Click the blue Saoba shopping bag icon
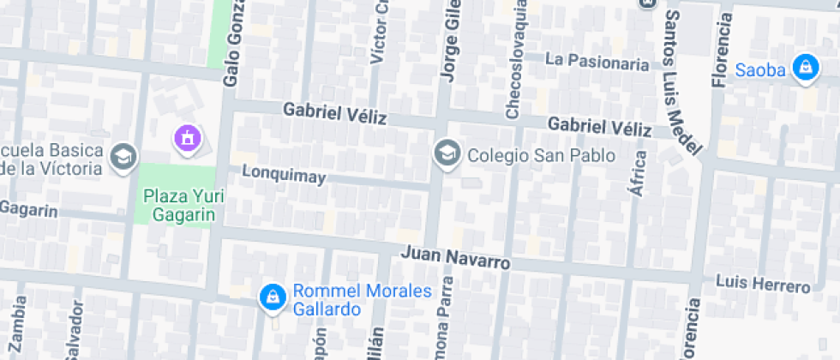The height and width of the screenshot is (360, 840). pyautogui.click(x=805, y=69)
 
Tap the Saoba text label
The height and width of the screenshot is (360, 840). pyautogui.click(x=760, y=70)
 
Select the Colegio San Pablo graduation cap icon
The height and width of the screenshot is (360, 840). pyautogui.click(x=446, y=155)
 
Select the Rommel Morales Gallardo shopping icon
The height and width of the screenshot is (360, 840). pyautogui.click(x=272, y=298)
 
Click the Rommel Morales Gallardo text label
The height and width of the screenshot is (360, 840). pyautogui.click(x=362, y=300)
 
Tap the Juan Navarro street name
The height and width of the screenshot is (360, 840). pyautogui.click(x=455, y=257)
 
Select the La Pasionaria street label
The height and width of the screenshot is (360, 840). pyautogui.click(x=597, y=62)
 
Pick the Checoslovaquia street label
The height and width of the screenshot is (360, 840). pyautogui.click(x=513, y=60)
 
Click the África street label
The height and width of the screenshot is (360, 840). pyautogui.click(x=637, y=174)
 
